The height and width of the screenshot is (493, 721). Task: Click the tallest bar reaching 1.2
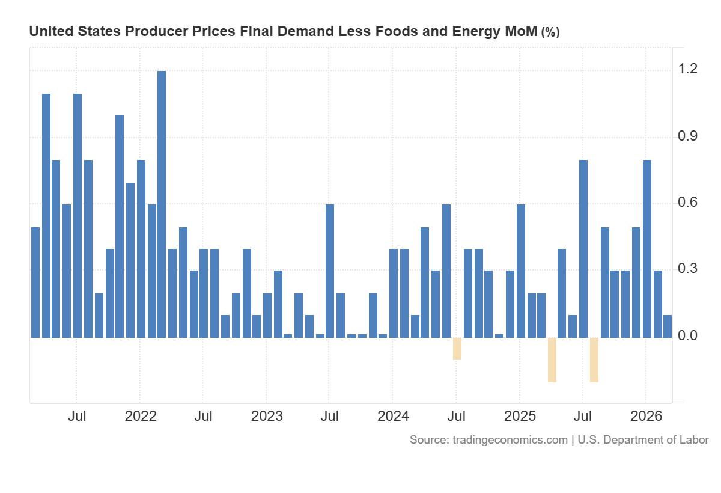tap(162, 204)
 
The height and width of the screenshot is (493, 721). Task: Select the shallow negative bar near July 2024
tap(457, 349)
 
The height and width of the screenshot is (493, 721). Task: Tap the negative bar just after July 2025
tap(594, 360)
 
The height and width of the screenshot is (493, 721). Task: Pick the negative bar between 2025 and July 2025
tap(552, 360)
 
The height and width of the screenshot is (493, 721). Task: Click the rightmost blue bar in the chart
tap(668, 326)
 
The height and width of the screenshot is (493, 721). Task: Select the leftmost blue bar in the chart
tap(35, 283)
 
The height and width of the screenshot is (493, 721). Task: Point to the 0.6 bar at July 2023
tap(330, 271)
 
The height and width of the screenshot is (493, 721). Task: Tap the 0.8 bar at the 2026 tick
tap(647, 249)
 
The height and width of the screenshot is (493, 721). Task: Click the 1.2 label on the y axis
tap(689, 70)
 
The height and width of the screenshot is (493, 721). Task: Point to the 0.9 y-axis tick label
tap(689, 136)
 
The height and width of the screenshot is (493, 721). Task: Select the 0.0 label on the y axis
tap(689, 336)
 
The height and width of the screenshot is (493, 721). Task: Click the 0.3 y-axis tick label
tap(689, 269)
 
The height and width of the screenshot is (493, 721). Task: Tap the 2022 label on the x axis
tap(140, 416)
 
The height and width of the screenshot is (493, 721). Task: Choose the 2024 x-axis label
tap(393, 416)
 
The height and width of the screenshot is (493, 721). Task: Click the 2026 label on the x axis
tap(646, 416)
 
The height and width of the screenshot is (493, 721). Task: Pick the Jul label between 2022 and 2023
tap(204, 416)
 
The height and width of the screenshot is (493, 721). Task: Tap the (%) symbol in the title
tap(550, 32)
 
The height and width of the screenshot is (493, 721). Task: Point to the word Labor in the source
tap(695, 440)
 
